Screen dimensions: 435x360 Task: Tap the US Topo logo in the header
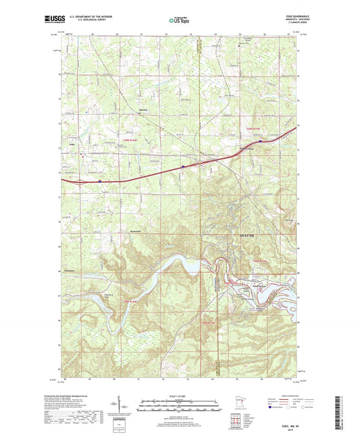179,21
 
